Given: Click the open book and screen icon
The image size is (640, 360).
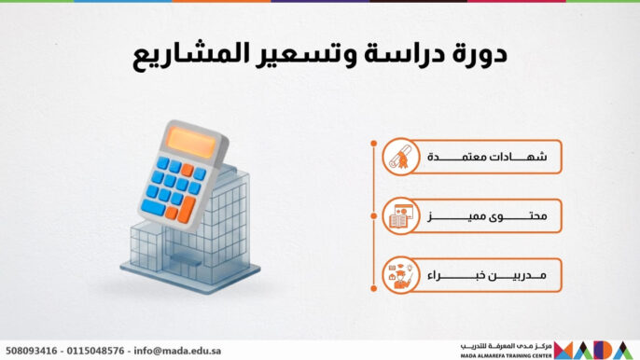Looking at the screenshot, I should pos(400,216).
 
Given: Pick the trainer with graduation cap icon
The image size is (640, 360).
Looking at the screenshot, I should pos(400,275).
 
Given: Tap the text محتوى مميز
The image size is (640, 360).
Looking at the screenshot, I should pos(487,216).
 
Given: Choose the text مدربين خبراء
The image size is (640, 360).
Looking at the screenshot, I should pos(487,275).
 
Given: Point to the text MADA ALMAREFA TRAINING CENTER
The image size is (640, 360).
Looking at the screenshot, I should pos(505,355).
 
